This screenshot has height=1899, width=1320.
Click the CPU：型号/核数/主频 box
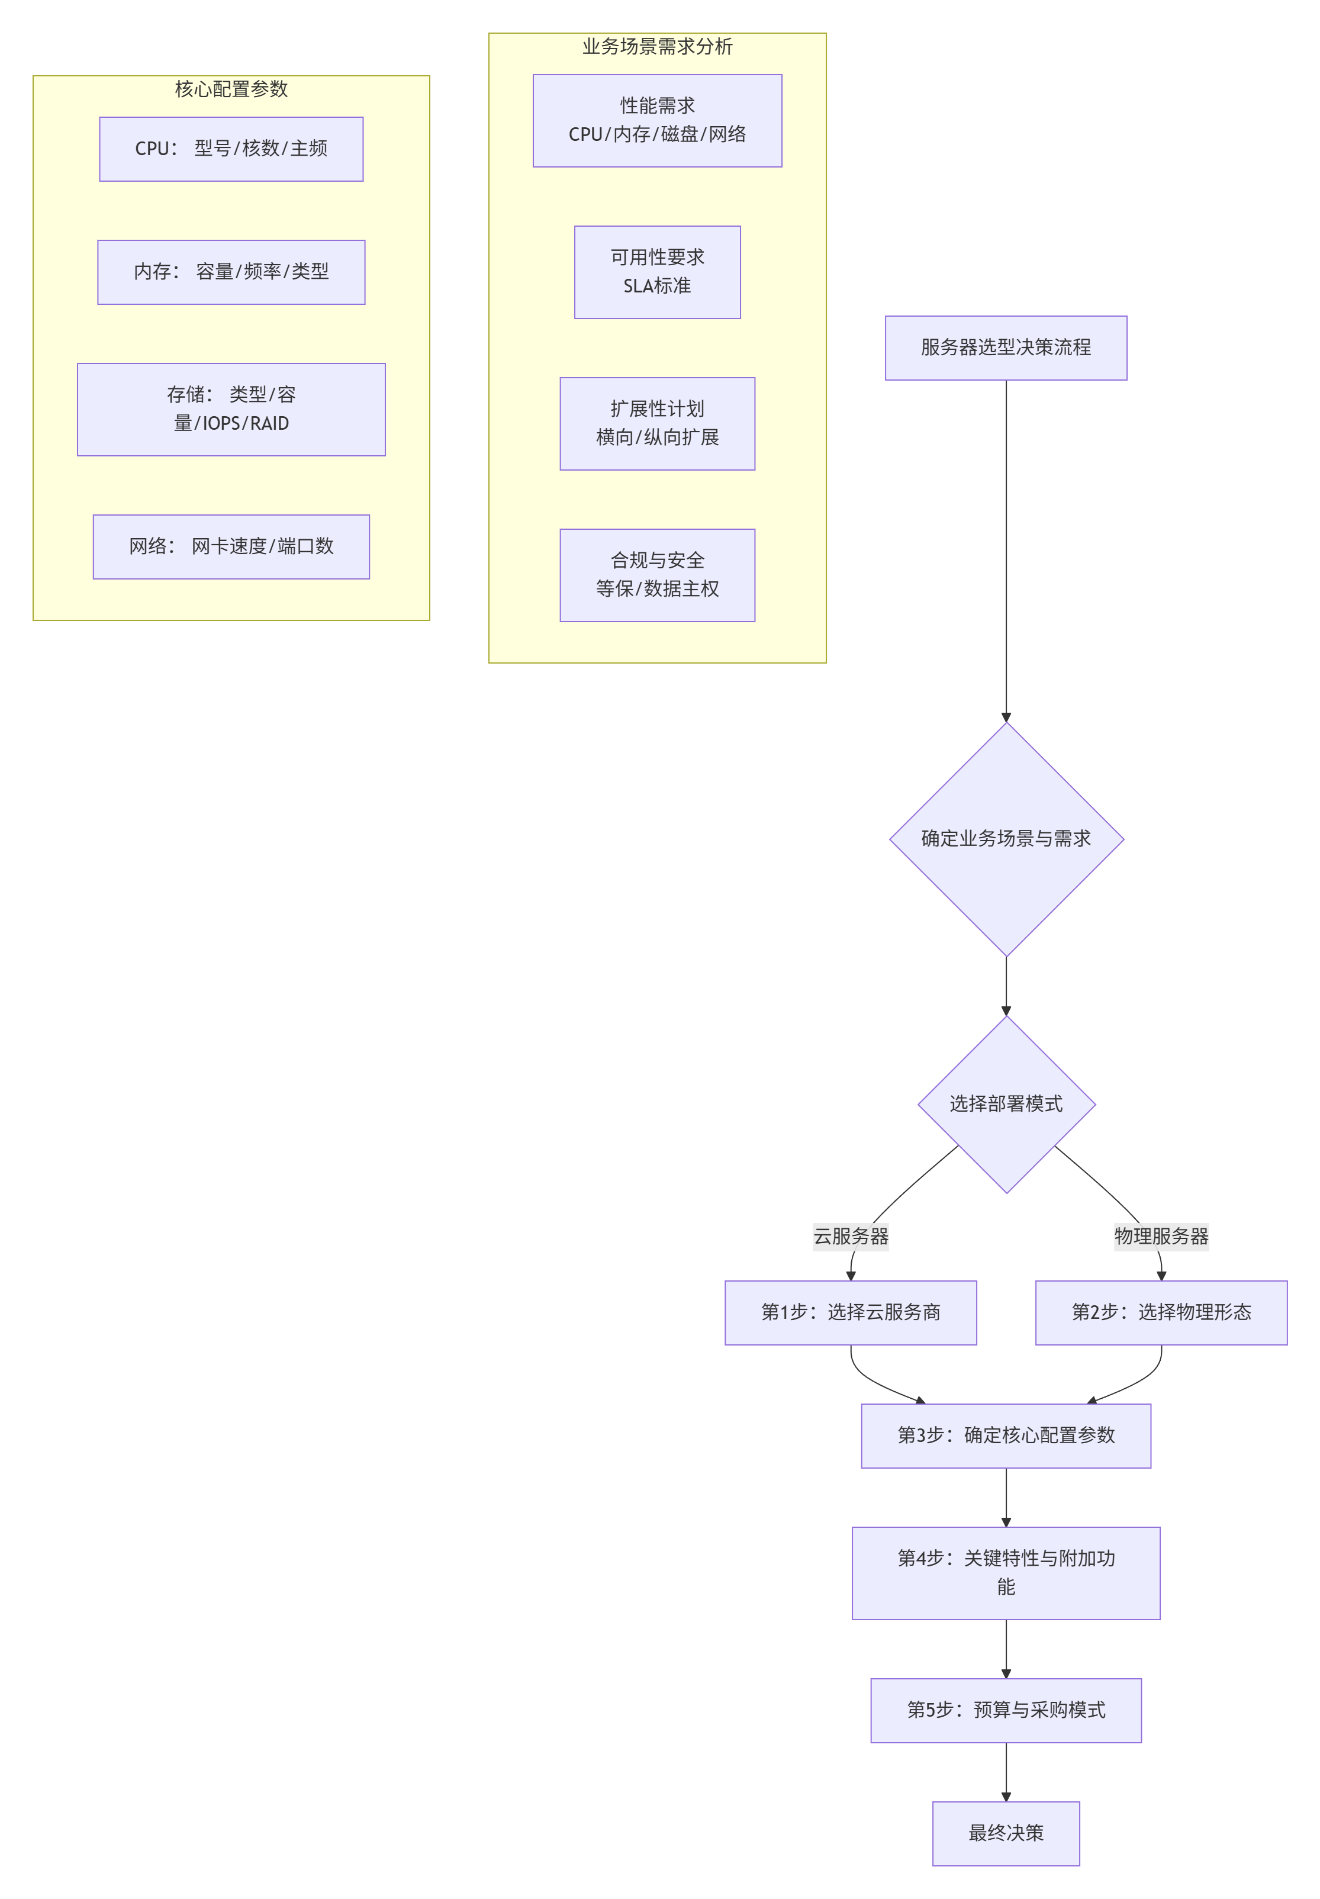tap(231, 149)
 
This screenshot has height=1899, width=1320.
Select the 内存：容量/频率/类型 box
tap(231, 272)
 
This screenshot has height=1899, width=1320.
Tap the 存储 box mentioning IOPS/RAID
tap(231, 410)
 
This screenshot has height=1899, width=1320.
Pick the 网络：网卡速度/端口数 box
tap(231, 547)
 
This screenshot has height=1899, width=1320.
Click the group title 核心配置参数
tap(231, 89)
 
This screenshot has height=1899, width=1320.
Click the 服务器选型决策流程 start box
tap(1006, 348)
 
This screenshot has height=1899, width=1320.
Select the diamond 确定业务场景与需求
tap(1006, 839)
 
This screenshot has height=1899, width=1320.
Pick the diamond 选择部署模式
tap(1006, 1104)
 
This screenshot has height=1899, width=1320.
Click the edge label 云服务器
tap(850, 1237)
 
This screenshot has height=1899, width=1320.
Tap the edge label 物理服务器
tap(1160, 1237)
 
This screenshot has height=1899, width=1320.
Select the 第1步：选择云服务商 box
tap(850, 1312)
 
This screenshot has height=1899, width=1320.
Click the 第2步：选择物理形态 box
tap(1160, 1312)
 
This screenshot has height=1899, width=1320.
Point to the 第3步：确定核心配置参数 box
tap(1006, 1436)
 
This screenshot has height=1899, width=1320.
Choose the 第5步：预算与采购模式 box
tap(1006, 1710)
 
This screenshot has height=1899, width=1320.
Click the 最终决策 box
tap(1006, 1834)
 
